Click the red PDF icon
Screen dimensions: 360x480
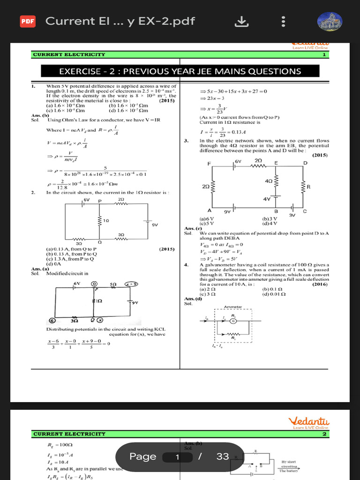[28, 21]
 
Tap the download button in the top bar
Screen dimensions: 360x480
[240, 21]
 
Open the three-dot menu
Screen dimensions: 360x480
[283, 22]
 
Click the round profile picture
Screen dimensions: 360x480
[330, 22]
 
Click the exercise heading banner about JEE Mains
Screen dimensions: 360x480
[180, 71]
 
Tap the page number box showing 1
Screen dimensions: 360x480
[178, 457]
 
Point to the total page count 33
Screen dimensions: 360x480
[223, 457]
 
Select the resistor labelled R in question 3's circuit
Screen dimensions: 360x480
[308, 186]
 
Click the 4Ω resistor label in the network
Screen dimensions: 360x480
[269, 180]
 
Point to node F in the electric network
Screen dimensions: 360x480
[209, 163]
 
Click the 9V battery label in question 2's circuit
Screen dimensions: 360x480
[155, 225]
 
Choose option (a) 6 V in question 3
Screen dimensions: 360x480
[207, 218]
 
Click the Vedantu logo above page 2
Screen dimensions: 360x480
[309, 421]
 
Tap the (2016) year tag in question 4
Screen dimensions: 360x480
[320, 284]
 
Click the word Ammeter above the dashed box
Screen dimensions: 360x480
[233, 307]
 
